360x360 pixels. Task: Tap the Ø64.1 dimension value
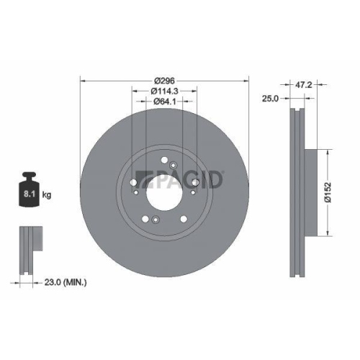click(165, 102)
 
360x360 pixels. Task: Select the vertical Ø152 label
click(327, 192)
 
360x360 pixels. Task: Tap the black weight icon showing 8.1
click(31, 191)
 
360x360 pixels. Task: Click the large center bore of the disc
click(165, 192)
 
